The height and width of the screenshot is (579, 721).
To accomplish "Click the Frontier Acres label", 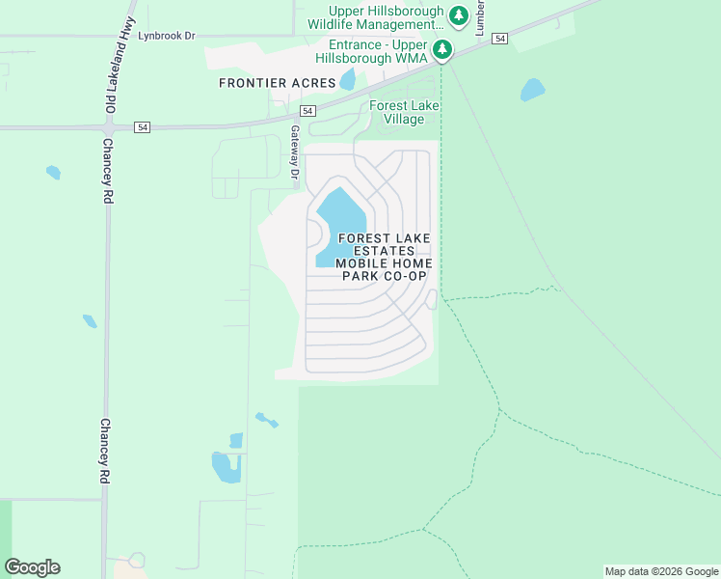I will click(277, 83).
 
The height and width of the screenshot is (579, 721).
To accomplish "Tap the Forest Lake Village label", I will click(396, 113).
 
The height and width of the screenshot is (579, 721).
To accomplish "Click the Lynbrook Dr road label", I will click(167, 36).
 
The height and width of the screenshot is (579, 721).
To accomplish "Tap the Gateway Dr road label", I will click(295, 152).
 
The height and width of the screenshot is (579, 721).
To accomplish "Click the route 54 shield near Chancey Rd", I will click(143, 126).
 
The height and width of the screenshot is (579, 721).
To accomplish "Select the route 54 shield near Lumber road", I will click(498, 38).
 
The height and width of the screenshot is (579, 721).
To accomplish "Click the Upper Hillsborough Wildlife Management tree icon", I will click(459, 15).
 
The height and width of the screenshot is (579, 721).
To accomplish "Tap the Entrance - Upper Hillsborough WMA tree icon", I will click(442, 49).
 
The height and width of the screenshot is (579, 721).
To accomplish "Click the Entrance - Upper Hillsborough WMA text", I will click(376, 51).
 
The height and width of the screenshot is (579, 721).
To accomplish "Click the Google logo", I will click(32, 567).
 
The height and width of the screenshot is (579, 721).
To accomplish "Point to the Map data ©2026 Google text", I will click(661, 571).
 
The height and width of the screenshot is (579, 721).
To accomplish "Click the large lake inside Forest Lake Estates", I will click(338, 221).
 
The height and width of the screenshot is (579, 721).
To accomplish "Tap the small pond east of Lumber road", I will click(532, 91).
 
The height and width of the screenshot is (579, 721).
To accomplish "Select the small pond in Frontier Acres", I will click(347, 78).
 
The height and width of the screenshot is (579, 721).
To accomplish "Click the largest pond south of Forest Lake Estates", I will click(225, 467).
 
